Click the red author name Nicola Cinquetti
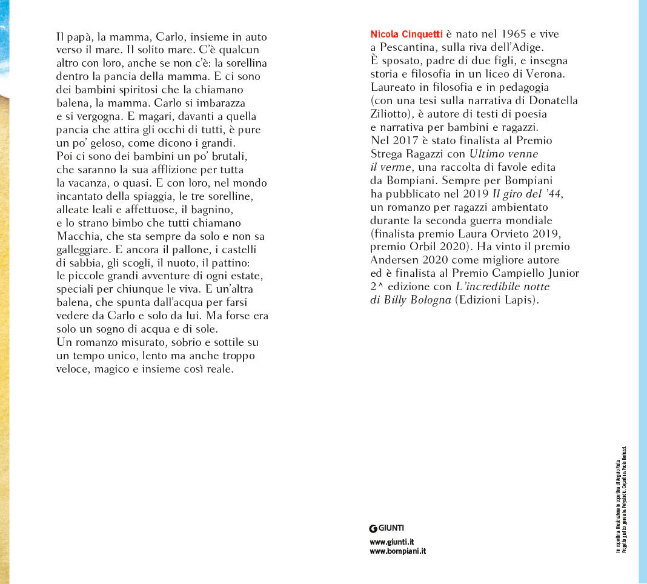point(406,35)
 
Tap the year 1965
point(499,35)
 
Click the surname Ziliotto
point(391,114)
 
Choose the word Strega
point(387,154)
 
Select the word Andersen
point(393,260)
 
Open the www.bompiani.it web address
point(398,552)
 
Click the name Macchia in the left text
point(76,236)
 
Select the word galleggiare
point(81,249)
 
